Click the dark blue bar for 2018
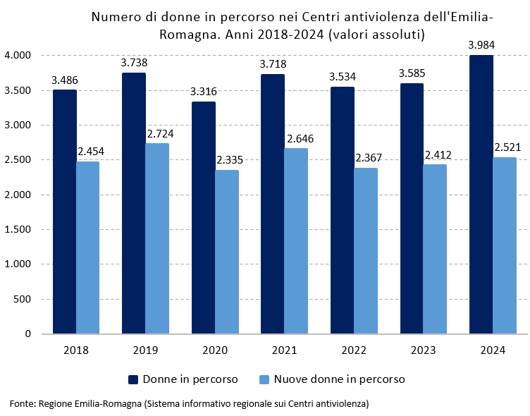coord(64,212)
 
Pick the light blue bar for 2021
coord(296,240)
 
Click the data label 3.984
coord(481,45)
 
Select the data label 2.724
coord(160,133)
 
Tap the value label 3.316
coord(204,92)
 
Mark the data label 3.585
coord(412,73)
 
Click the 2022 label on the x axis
coord(354,350)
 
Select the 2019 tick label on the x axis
coord(145,350)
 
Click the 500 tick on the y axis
coord(23,300)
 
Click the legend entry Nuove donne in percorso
coord(339,379)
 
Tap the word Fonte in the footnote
coord(22,404)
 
